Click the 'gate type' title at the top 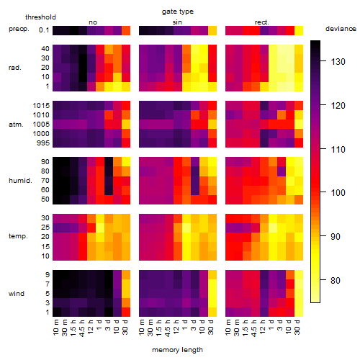click(x=178, y=12)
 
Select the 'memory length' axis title click(x=177, y=350)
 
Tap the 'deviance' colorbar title click(x=341, y=29)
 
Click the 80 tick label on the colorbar click(x=336, y=280)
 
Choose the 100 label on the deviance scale click(x=338, y=192)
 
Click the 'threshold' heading click(x=40, y=17)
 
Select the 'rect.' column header click(x=262, y=22)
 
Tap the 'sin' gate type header click(x=177, y=22)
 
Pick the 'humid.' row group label click(x=20, y=181)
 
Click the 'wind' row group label click(x=17, y=294)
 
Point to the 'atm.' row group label click(x=16, y=125)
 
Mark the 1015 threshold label click(x=41, y=106)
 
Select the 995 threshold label click(x=43, y=143)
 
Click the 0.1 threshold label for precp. click(x=44, y=30)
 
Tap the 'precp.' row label click(x=19, y=29)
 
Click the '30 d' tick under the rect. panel click(x=297, y=327)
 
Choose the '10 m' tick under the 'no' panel click(x=55, y=327)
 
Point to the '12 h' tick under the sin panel click(x=176, y=327)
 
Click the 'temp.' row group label click(x=18, y=236)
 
